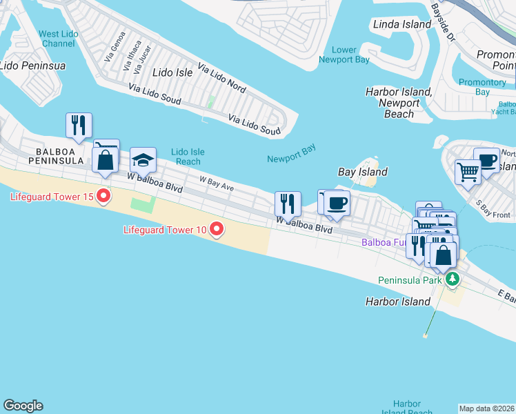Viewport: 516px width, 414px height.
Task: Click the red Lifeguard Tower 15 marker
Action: [103, 197]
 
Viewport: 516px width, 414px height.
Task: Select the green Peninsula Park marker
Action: [452, 279]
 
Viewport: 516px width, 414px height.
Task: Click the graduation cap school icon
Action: [143, 160]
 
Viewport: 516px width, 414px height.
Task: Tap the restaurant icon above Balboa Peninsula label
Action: [79, 125]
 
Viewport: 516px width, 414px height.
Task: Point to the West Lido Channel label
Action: [57, 39]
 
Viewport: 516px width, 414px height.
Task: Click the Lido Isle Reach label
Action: [188, 157]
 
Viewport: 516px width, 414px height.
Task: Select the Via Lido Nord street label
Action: [221, 77]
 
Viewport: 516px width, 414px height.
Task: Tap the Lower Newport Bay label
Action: [344, 55]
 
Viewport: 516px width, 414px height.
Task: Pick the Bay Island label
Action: [362, 172]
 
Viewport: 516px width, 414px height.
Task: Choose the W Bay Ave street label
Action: [217, 183]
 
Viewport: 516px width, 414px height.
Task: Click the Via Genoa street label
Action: [115, 46]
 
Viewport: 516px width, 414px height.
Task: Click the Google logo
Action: [23, 406]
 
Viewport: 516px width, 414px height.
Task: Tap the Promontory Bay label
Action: [483, 87]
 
